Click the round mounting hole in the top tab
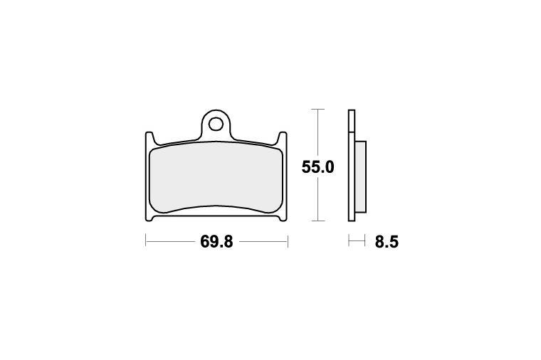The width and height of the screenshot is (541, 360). [216, 124]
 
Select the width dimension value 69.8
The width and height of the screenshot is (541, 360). [216, 242]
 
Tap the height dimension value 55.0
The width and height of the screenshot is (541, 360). [317, 168]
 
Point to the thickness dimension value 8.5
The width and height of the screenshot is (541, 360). [387, 242]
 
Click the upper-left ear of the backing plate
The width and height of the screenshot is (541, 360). [149, 137]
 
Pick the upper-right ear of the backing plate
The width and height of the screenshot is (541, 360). [283, 137]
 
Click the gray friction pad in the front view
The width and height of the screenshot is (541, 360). [216, 179]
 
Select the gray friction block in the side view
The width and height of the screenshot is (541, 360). [360, 176]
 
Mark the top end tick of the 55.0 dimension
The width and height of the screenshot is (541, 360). [317, 109]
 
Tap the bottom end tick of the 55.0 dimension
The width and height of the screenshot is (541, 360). [317, 221]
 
